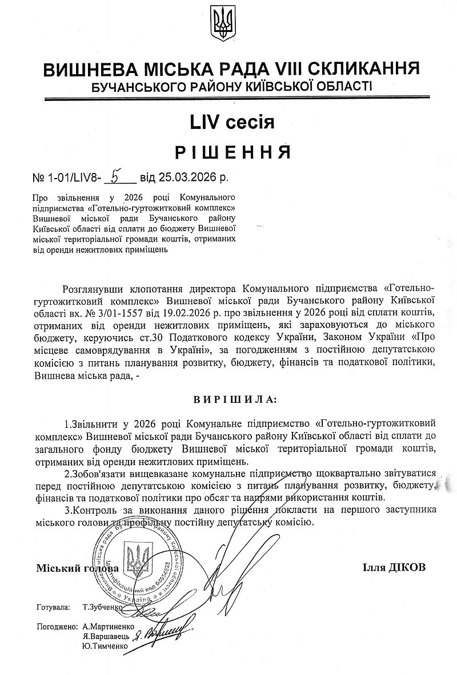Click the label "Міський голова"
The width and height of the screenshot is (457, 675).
78,568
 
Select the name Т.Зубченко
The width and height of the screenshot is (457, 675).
102,608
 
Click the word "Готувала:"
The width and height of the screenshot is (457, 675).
53,608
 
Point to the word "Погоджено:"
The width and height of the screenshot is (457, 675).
57,626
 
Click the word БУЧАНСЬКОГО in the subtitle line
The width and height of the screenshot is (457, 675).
133,87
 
